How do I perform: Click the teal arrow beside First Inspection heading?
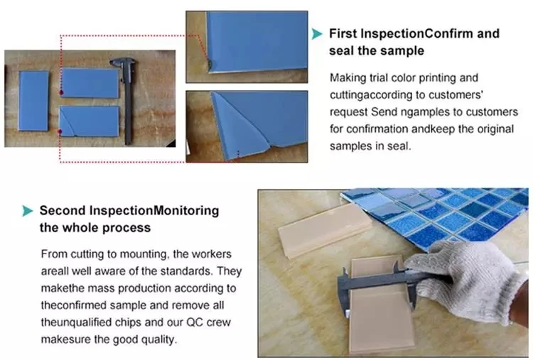[316, 34]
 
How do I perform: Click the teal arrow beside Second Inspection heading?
[28, 211]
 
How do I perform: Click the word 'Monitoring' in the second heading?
[186, 211]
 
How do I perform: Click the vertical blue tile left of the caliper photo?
[33, 101]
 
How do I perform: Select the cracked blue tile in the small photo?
[90, 121]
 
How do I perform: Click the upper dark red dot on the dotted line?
[61, 92]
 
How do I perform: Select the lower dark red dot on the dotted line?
[60, 131]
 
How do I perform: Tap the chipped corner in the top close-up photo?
[211, 65]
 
